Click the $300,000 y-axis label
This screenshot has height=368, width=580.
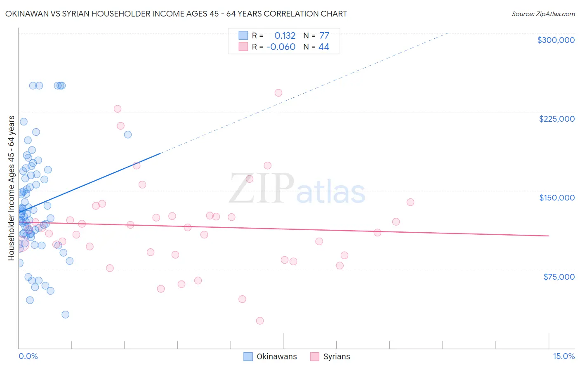coord(556,40)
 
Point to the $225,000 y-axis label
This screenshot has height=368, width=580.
coord(556,119)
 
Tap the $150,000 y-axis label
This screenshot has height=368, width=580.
coord(556,198)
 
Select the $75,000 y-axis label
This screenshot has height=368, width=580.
coord(559,276)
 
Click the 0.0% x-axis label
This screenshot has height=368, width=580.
coord(28,356)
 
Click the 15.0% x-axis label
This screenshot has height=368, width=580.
coord(563,356)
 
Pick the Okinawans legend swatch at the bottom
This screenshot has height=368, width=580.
coord(248,356)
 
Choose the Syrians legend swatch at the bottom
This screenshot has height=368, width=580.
coord(315,356)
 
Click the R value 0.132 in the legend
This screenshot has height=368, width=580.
coord(285,36)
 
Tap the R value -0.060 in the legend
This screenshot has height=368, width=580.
coord(281,47)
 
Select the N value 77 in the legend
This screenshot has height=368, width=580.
coord(324,36)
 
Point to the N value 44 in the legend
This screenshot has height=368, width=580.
coord(324,47)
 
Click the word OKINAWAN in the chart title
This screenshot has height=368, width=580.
coord(28,14)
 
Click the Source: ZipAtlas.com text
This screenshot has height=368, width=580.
coord(543,14)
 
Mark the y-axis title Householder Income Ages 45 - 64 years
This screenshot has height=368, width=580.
coord(11,188)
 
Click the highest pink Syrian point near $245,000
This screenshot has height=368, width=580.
coord(278,93)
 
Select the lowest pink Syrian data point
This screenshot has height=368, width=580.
coord(260,321)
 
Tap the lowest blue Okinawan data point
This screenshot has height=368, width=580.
coord(65,314)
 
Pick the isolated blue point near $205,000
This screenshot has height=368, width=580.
coord(128,134)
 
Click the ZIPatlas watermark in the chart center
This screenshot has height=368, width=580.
coord(297,189)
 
